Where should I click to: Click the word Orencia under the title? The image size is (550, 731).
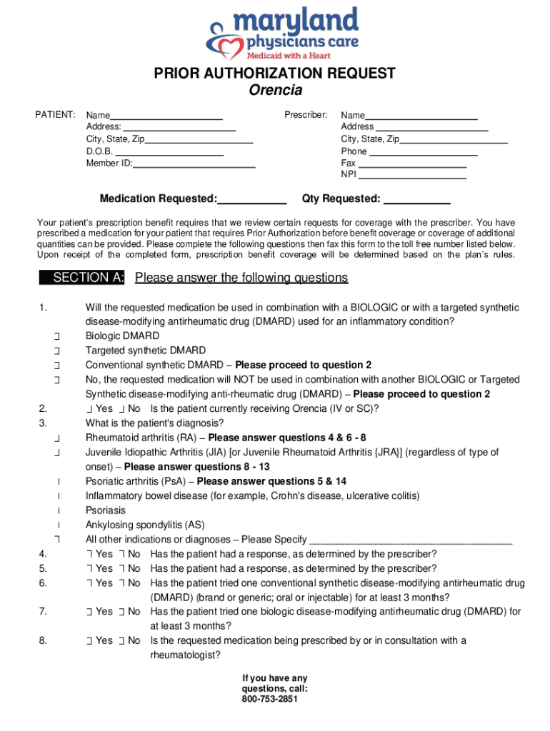[x=275, y=90]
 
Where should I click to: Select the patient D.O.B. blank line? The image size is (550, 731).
[x=169, y=152]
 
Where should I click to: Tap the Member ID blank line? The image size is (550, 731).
[x=194, y=164]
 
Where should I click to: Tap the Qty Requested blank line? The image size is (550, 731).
[x=416, y=199]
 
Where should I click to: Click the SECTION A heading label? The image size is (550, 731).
[x=84, y=278]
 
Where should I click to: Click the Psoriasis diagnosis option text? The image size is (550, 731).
[x=106, y=510]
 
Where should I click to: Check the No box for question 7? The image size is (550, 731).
[x=122, y=612]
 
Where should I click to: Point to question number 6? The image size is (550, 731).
[x=43, y=583]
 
